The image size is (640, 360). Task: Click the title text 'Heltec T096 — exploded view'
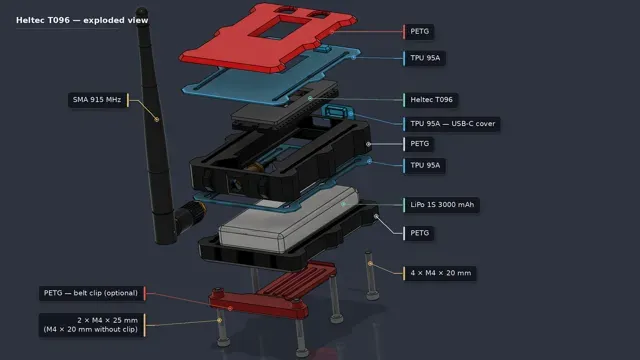[82, 20]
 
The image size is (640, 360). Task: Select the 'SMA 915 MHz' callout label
[97, 100]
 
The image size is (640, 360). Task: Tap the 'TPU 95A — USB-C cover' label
[452, 124]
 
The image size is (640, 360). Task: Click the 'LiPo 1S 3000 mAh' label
[442, 204]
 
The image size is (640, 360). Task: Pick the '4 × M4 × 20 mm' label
[440, 273]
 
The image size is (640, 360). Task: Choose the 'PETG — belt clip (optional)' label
[91, 293]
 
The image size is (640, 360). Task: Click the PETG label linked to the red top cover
[419, 31]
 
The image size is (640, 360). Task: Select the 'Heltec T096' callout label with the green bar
[431, 100]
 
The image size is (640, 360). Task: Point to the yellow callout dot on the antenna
[156, 120]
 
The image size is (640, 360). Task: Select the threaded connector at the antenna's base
[191, 214]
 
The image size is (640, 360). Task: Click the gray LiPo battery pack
[289, 218]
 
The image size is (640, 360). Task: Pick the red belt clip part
[273, 291]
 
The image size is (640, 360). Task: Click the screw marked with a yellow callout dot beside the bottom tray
[370, 276]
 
